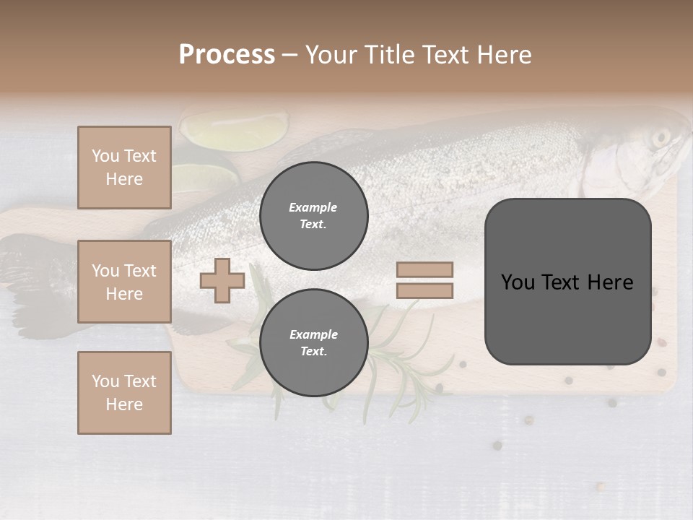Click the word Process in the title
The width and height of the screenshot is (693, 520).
pos(227,54)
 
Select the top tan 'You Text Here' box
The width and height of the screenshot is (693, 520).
pos(124,168)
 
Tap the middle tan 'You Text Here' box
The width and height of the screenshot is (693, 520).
pos(124,282)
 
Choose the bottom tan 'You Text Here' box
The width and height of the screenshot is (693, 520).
pos(124,393)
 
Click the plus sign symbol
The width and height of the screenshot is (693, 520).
pos(222,281)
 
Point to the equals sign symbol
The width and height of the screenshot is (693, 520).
pos(424,280)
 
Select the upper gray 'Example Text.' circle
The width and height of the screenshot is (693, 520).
pos(313,215)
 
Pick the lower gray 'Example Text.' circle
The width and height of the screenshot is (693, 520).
pos(313,342)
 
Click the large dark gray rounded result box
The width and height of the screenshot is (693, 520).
pos(567,282)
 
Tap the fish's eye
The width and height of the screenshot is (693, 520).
pos(661,137)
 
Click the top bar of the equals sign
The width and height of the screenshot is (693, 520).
pos(424,269)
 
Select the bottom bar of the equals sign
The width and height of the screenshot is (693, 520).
pos(424,291)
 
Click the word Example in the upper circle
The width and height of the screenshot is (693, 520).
pos(313,207)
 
